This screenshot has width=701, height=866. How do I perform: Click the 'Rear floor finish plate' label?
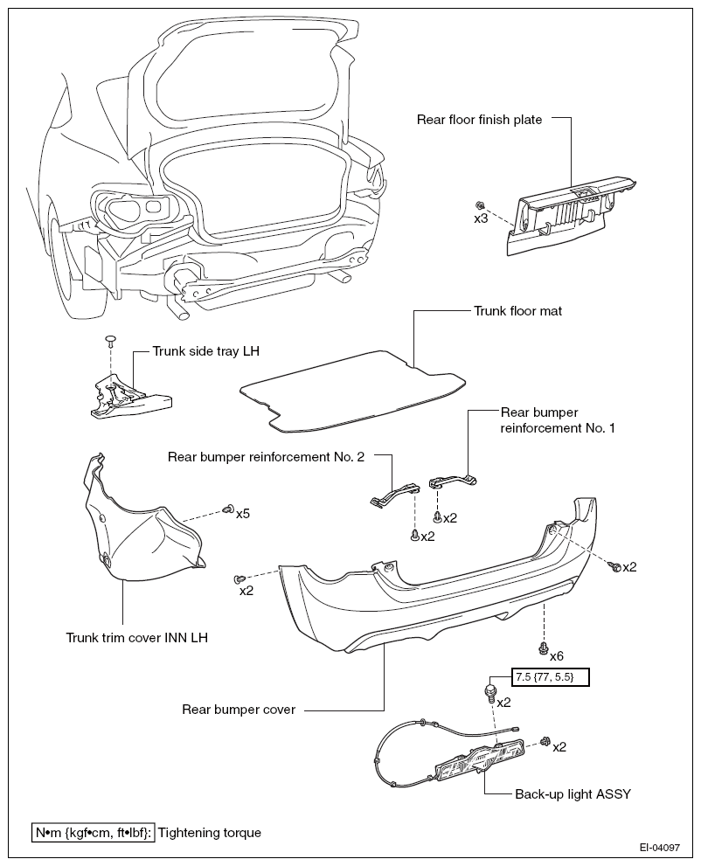pos(479,120)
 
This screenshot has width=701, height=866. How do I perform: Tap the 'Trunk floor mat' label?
pos(517,311)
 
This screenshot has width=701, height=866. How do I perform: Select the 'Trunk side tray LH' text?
pos(206,351)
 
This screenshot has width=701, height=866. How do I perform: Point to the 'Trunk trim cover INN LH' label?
pos(137,637)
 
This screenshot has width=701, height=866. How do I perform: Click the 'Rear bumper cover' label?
pos(239,710)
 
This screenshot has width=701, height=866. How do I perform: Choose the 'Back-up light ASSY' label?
pos(573,794)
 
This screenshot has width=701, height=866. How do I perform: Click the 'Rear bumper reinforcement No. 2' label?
pos(267,457)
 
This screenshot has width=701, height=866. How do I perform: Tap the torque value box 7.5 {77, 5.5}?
pos(551,676)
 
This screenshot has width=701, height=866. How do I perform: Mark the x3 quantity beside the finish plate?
pos(481,218)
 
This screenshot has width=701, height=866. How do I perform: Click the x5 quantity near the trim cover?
pos(243,514)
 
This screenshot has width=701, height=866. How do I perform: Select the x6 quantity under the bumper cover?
pos(556,655)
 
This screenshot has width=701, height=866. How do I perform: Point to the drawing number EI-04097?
pos(660,848)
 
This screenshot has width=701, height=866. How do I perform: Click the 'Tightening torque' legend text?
pos(210,833)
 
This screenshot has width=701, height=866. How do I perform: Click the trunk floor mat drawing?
pos(352,391)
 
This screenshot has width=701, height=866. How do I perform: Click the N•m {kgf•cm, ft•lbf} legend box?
pos(94,833)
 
